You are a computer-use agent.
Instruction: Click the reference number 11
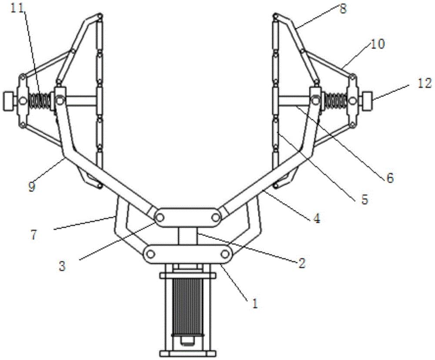(18, 8)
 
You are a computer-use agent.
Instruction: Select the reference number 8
(343, 9)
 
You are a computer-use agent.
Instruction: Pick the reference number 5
(365, 199)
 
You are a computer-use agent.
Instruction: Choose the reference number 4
(317, 218)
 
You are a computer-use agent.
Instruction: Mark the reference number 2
(301, 262)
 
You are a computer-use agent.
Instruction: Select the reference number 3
(62, 266)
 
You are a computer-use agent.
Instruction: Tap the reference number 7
(33, 235)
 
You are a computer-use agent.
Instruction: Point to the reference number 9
(32, 186)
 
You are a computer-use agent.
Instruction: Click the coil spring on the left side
(40, 101)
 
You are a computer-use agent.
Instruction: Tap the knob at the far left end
(9, 101)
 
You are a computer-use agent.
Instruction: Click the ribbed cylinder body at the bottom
(187, 307)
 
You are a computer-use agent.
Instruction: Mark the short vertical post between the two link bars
(188, 236)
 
